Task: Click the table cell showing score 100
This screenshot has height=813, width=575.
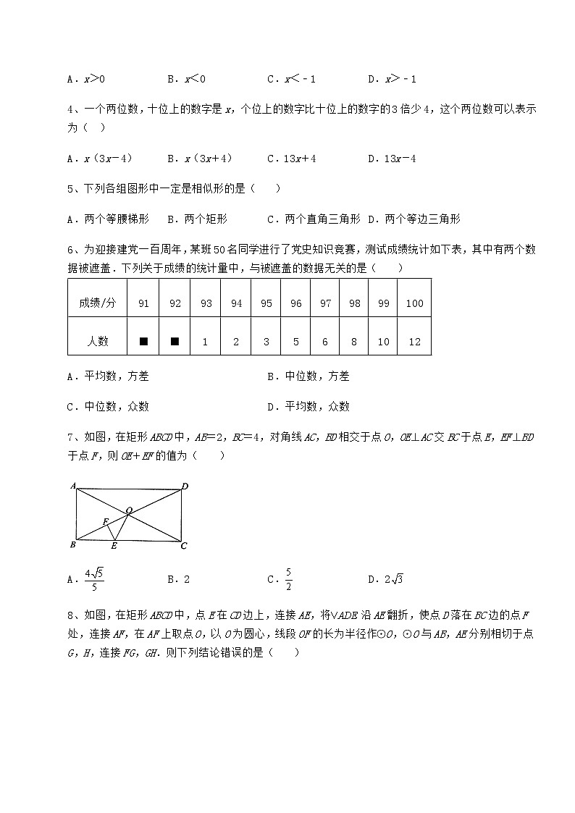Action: pyautogui.click(x=414, y=303)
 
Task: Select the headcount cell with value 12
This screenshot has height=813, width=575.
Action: pyautogui.click(x=414, y=342)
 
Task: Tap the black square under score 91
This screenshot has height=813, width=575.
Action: pyautogui.click(x=143, y=342)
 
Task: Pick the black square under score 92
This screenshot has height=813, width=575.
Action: pyautogui.click(x=175, y=342)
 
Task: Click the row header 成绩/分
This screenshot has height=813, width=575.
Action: pyautogui.click(x=97, y=303)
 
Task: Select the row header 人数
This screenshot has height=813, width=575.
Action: pyautogui.click(x=97, y=342)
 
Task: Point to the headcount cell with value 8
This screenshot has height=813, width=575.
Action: pyautogui.click(x=354, y=342)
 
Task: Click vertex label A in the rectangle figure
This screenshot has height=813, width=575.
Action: pyautogui.click(x=73, y=486)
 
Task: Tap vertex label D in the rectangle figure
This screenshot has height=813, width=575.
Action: pyautogui.click(x=185, y=486)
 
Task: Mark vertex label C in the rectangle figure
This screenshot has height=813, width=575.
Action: pyautogui.click(x=184, y=545)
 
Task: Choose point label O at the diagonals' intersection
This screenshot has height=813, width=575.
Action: pyautogui.click(x=129, y=510)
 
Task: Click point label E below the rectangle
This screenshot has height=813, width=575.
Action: pyautogui.click(x=114, y=546)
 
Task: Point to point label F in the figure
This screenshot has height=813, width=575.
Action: pyautogui.click(x=105, y=521)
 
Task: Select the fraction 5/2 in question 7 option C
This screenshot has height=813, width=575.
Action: pyautogui.click(x=288, y=579)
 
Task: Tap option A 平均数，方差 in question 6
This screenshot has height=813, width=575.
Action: pyautogui.click(x=117, y=376)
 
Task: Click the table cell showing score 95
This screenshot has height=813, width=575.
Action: pyautogui.click(x=266, y=303)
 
